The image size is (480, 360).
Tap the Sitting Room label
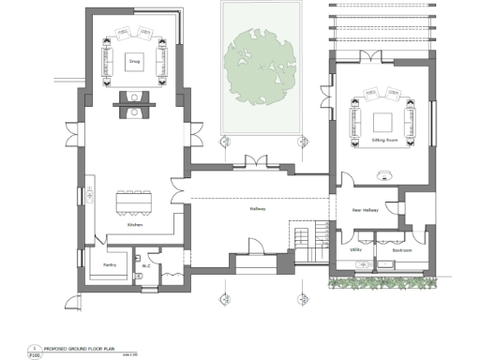click(383, 138)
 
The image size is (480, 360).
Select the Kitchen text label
click(134, 226)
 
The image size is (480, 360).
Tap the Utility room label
click(355, 250)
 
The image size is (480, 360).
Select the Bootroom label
click(402, 250)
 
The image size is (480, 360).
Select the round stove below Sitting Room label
click(383, 175)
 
